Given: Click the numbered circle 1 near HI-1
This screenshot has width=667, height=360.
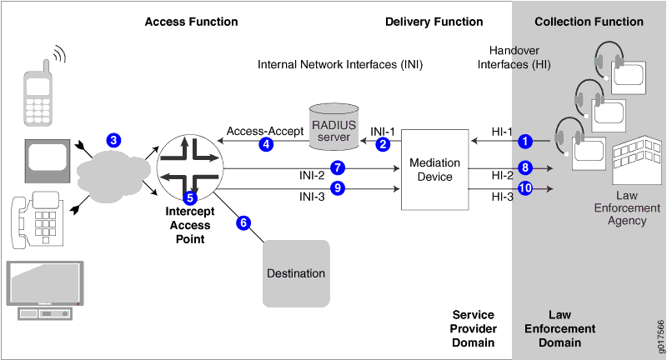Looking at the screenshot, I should point(524,141).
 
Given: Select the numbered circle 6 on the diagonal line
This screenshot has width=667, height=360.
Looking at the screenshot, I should point(243,222).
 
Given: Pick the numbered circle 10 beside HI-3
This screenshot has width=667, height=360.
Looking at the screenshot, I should point(524,189).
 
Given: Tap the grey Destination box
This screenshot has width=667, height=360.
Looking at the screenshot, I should point(296,272).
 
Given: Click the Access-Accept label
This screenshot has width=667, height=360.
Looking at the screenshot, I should point(256,132).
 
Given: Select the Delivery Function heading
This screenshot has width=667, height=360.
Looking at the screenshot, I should point(434,22).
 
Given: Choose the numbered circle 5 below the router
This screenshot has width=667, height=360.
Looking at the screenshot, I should point(190,198).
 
